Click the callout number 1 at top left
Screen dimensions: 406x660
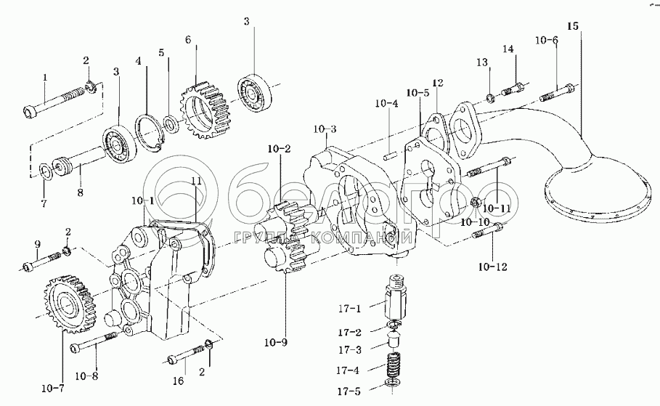click(45, 76)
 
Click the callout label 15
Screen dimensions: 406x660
click(573, 26)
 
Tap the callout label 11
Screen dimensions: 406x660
click(195, 180)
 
